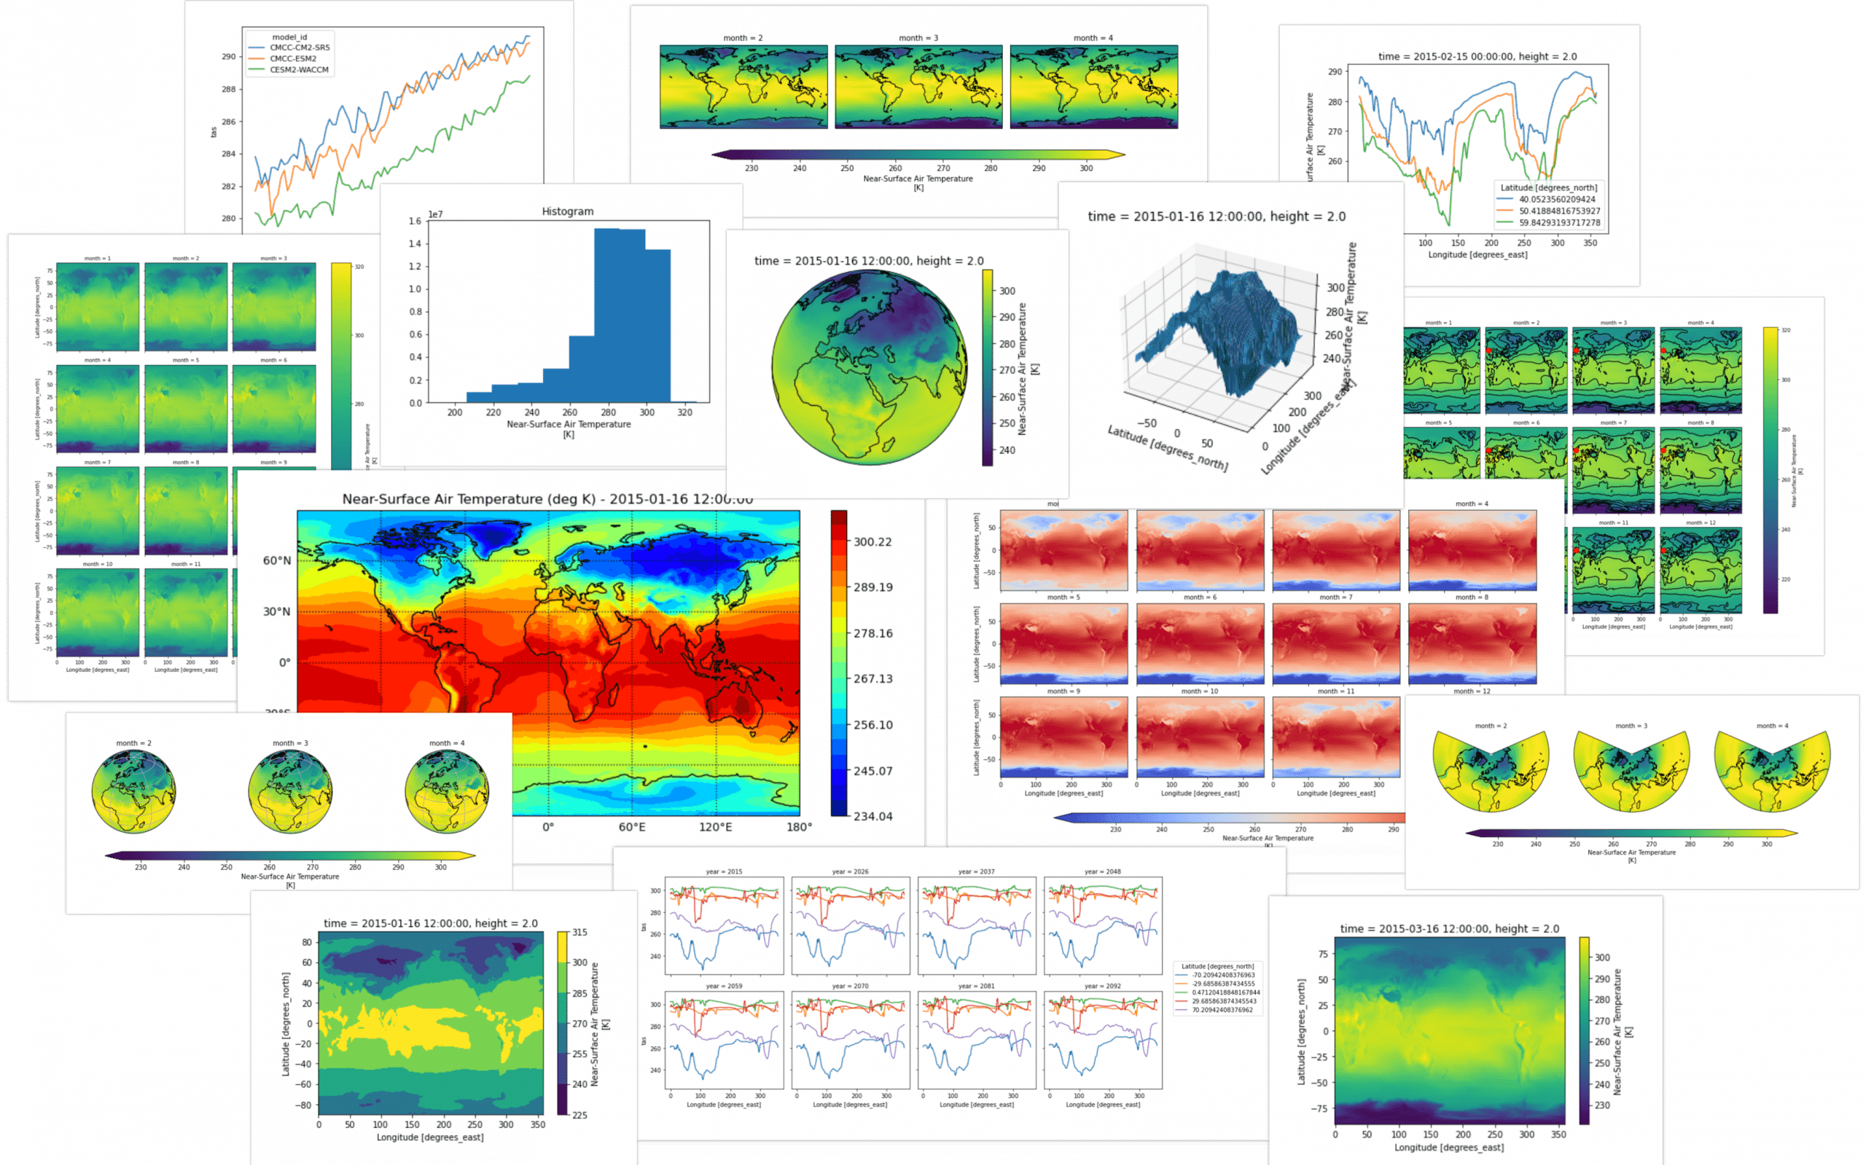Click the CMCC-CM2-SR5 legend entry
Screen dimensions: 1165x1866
[x=299, y=48]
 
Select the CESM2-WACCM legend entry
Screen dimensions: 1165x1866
[x=298, y=70]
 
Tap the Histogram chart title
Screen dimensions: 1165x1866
[x=567, y=211]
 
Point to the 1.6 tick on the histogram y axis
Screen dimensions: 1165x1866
[x=415, y=221]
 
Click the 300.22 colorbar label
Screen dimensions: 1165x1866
[x=873, y=541]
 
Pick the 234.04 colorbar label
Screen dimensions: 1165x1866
[x=873, y=816]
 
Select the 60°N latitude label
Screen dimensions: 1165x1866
[x=277, y=560]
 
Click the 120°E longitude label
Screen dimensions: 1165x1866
[x=715, y=827]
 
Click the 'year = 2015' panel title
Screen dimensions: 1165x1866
[x=724, y=871]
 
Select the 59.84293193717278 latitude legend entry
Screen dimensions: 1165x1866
[x=1559, y=223]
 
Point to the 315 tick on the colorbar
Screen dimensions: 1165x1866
[x=579, y=933]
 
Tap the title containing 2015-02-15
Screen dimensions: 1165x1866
[x=1477, y=56]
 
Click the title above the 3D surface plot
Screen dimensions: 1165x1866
[x=1217, y=216]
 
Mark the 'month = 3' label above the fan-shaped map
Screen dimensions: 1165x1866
[x=1631, y=726]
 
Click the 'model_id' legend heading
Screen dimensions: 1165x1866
[x=289, y=37]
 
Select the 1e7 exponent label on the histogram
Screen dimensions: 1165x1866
[x=435, y=214]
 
